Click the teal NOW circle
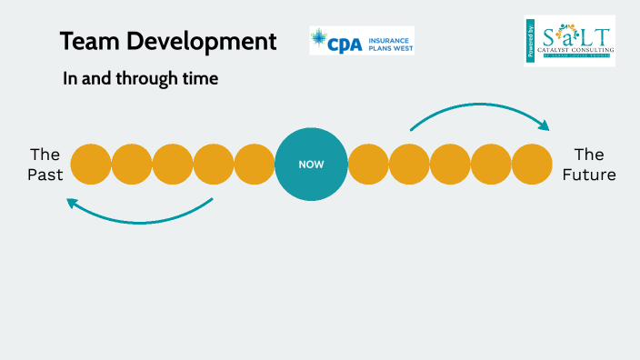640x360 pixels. coord(311,165)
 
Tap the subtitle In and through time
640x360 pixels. coord(140,79)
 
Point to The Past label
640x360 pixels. coord(45,165)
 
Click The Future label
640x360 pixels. coord(588,165)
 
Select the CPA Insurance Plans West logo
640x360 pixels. coord(361,40)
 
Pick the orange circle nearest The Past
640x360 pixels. coord(91,165)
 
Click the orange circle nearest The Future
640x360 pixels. coord(532,165)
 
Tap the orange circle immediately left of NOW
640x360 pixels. coord(255,165)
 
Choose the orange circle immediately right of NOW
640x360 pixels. coord(368,165)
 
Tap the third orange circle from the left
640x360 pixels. coord(173,165)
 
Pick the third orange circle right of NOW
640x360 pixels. coord(450,165)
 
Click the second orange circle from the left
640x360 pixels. coord(132,165)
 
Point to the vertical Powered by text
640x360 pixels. coord(530,41)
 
